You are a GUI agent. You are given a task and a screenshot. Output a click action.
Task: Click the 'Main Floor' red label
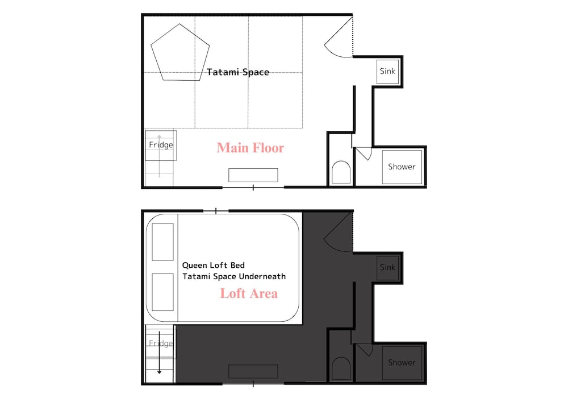click(250, 148)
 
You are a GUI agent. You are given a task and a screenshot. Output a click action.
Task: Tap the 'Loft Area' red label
click(249, 293)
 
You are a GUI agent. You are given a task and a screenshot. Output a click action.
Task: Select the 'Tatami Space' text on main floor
click(238, 72)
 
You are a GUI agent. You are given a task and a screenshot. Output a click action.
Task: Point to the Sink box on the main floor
click(387, 72)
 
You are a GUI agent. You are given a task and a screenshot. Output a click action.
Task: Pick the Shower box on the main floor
click(402, 167)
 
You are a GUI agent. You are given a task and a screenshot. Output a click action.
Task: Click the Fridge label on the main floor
click(161, 144)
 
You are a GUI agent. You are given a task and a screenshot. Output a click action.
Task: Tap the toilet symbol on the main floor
click(341, 172)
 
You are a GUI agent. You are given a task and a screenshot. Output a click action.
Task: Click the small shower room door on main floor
click(364, 153)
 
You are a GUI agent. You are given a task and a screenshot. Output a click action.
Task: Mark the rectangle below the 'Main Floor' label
click(253, 175)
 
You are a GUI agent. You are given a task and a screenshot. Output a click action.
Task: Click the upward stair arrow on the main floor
click(160, 156)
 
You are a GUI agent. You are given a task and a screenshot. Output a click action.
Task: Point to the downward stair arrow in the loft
click(159, 353)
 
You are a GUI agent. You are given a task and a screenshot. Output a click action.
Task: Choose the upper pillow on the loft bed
click(162, 242)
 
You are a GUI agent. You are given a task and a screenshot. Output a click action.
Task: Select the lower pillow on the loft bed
click(162, 292)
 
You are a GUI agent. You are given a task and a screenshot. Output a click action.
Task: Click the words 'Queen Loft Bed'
click(214, 266)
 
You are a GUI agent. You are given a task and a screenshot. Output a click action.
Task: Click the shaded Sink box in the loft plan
click(387, 267)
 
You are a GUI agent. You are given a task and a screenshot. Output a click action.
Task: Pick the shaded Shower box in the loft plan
click(402, 363)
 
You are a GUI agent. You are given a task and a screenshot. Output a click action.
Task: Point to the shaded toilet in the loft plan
click(341, 368)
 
